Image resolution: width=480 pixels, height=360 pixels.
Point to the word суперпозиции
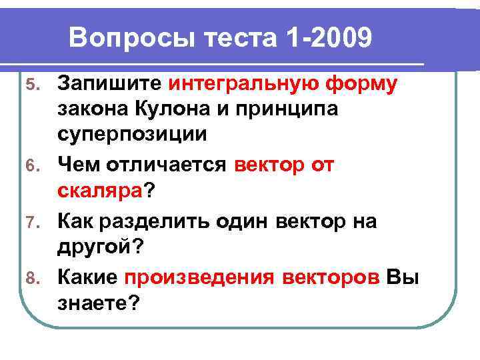point(132,135)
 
